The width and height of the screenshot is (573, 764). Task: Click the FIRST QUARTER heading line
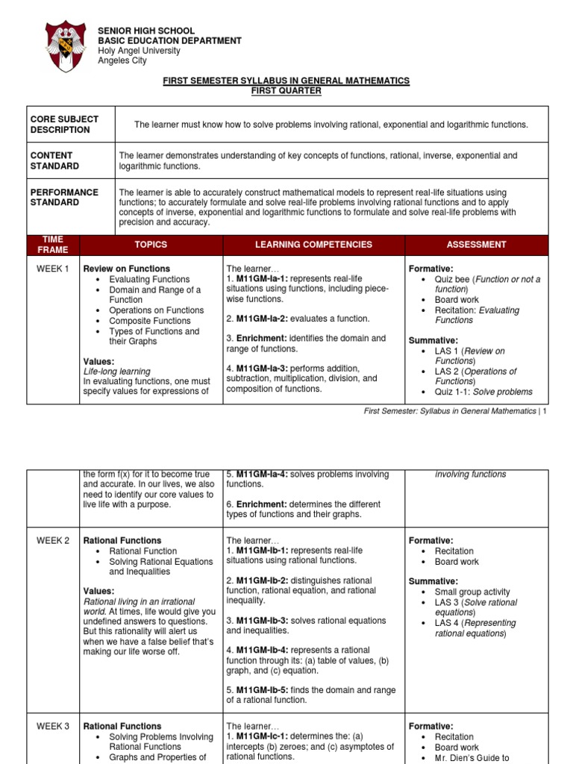coord(286,91)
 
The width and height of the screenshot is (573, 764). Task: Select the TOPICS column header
coord(151,245)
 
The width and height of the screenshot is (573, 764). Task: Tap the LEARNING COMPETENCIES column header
coord(313,245)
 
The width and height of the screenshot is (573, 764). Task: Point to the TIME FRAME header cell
coord(53,245)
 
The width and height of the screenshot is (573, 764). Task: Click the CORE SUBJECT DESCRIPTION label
coord(64,125)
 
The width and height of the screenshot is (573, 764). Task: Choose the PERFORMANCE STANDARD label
coord(64,197)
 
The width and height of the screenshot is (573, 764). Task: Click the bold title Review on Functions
coord(127,269)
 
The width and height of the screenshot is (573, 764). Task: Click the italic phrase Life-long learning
coord(116,372)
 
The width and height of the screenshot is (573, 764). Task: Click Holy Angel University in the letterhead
coord(140,51)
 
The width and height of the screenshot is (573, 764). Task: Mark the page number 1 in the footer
coord(545,412)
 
